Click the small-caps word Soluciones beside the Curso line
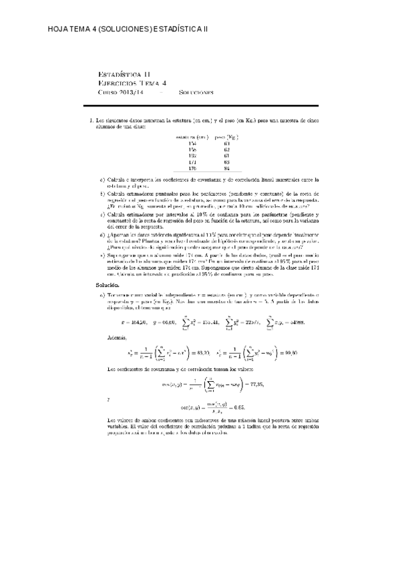pos(196,92)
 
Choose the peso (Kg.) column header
pos(226,137)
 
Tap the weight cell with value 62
pos(226,150)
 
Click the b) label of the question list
pos(102,193)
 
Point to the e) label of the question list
pos(102,254)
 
